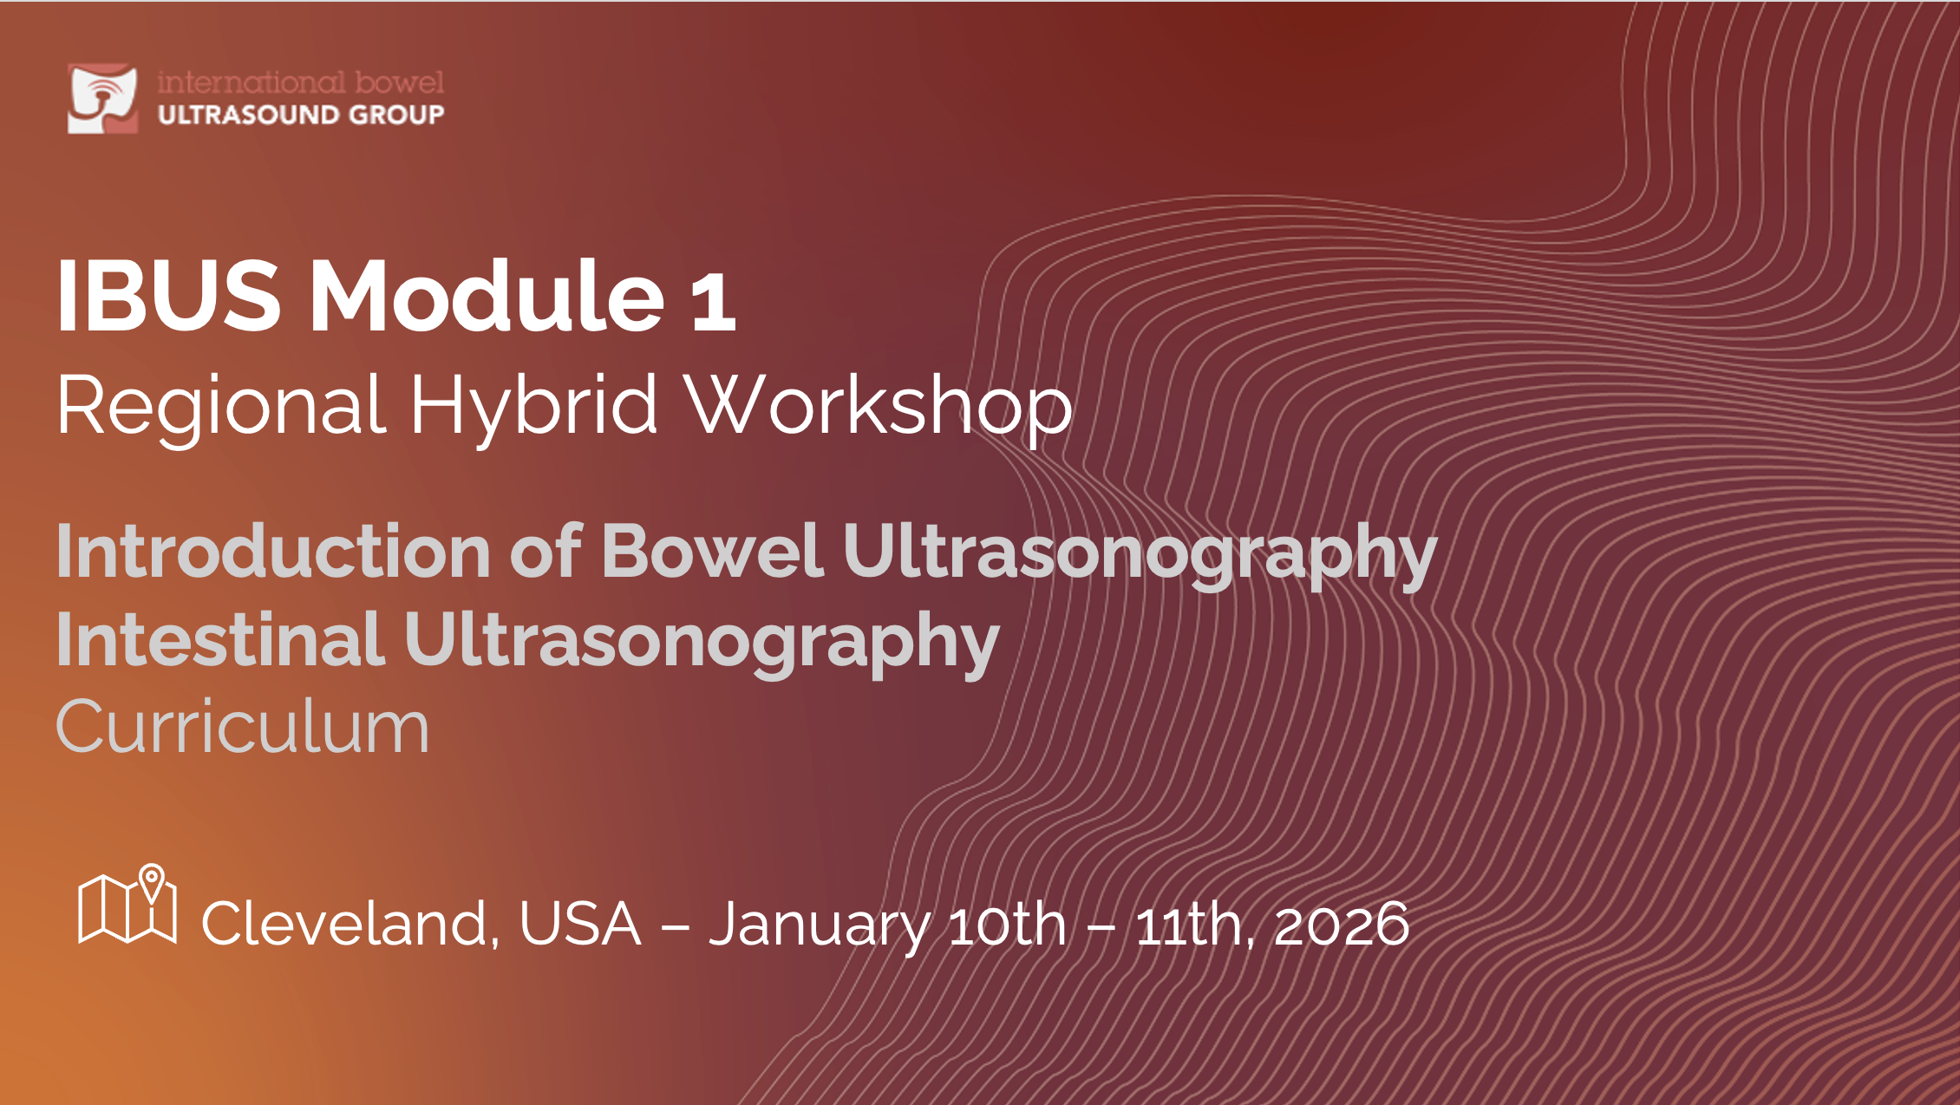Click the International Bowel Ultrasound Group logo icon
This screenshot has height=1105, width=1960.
coord(102,98)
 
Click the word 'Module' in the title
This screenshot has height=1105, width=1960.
coord(487,295)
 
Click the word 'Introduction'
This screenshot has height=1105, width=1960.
coord(274,552)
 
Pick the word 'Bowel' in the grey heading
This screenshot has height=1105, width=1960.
coord(712,552)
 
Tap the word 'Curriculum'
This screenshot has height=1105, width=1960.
coord(243,727)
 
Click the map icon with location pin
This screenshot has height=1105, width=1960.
coord(127,904)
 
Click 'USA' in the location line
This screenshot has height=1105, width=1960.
coord(580,925)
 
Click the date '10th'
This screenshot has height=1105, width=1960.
coord(1008,925)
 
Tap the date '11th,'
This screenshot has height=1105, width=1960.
coord(1195,925)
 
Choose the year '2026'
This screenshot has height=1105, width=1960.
coord(1342,925)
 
